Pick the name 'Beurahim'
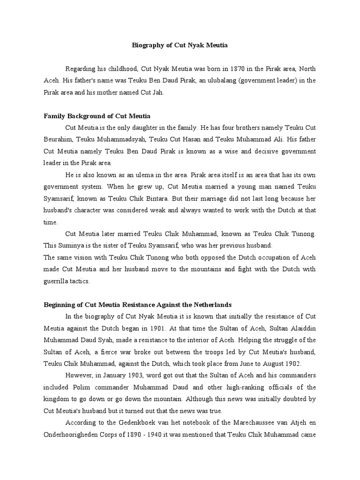point(59,139)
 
